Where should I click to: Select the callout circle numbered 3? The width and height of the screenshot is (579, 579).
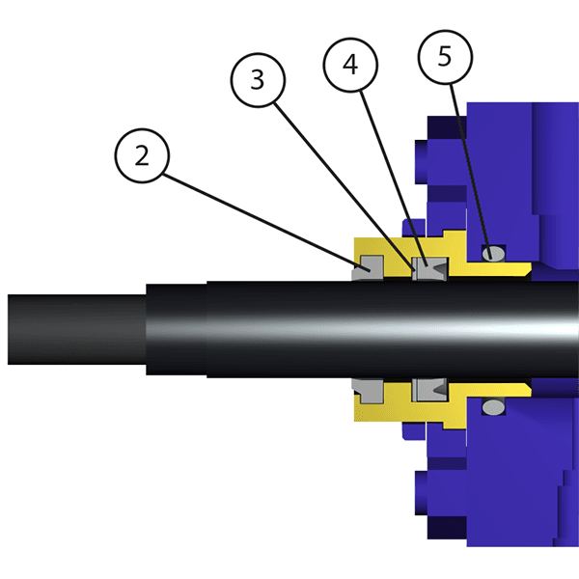pos(257,80)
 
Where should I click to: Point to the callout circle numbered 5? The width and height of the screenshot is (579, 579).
pos(444,55)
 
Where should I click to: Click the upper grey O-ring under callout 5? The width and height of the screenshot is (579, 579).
pos(493,255)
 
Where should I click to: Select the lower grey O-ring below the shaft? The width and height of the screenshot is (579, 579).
pos(493,408)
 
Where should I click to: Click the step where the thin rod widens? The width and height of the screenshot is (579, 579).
pos(146,330)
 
